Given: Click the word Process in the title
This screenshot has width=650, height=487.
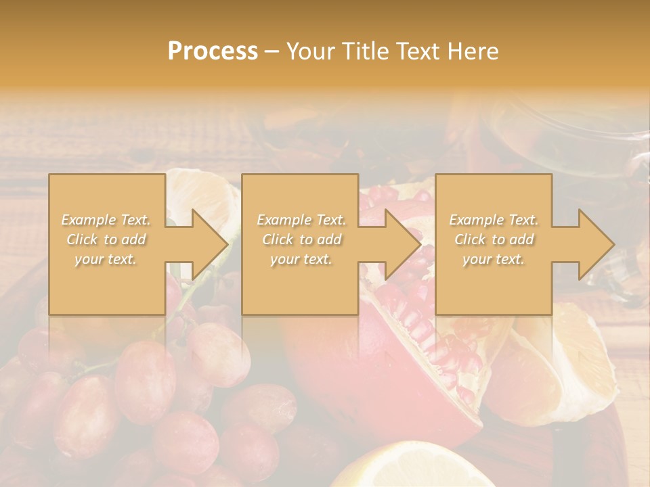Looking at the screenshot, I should [213, 51].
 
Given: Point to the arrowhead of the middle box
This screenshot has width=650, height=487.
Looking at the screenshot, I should [402, 244].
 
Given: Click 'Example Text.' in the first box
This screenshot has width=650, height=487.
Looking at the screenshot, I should [106, 220].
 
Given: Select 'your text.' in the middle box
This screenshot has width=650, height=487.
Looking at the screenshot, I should [301, 259].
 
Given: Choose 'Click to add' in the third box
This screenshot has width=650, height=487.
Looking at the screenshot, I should [494, 239].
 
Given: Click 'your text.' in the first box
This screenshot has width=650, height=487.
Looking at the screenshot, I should [106, 259].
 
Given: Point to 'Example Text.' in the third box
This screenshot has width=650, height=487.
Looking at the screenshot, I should [494, 220].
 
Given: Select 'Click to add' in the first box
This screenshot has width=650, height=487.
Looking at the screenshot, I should [106, 239].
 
